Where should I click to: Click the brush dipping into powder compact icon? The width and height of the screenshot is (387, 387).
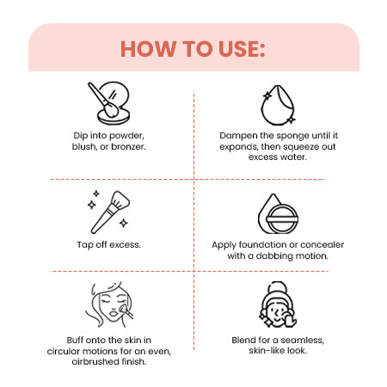[x=108, y=103]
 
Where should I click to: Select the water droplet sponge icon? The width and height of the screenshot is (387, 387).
[x=278, y=105]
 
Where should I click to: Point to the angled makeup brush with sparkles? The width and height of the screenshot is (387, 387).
[x=108, y=212]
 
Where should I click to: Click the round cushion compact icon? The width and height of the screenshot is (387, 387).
[x=278, y=214]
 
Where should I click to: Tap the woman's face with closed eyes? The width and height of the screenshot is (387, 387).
[x=109, y=304]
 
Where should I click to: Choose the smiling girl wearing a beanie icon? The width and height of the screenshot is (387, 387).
[x=278, y=304]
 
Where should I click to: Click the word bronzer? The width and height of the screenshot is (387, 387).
[x=128, y=147]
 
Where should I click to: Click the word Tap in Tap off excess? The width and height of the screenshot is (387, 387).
[x=84, y=245]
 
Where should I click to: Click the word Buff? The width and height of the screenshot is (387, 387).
[x=75, y=341]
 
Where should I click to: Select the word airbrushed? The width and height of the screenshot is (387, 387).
[x=95, y=362]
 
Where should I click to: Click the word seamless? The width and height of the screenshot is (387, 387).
[x=302, y=341]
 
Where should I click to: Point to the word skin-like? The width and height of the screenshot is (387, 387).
[x=267, y=351]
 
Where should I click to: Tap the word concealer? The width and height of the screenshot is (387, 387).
[x=322, y=245]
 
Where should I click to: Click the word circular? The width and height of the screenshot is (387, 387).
[x=63, y=351]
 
